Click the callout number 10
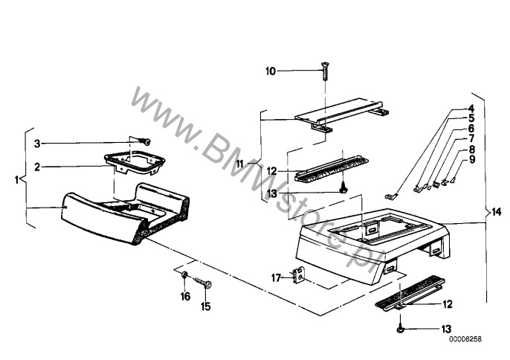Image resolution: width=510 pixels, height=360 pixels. (x=271, y=71)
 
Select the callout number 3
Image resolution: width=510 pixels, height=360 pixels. (x=37, y=144)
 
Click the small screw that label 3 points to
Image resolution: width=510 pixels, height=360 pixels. (x=144, y=141)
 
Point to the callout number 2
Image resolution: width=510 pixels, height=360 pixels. (x=37, y=167)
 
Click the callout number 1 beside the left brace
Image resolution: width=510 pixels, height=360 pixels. (x=16, y=179)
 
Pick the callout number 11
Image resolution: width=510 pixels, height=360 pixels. (x=239, y=164)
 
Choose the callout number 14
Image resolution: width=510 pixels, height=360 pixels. (x=496, y=213)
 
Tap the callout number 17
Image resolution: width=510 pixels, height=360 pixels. (x=276, y=278)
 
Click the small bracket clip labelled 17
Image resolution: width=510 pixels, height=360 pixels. (x=299, y=274)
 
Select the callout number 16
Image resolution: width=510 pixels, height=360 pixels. (x=185, y=297)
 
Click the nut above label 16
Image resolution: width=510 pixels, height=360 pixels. (x=184, y=275)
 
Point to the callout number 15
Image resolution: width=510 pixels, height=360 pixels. (x=205, y=306)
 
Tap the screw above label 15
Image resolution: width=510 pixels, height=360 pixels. (x=203, y=282)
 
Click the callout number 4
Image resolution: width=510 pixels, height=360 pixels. (x=471, y=109)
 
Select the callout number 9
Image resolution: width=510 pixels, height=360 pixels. (x=471, y=159)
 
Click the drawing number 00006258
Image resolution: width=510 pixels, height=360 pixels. (x=465, y=339)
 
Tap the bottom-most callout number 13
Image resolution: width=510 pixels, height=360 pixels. (x=446, y=329)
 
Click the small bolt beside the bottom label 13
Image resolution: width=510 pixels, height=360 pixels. (x=400, y=330)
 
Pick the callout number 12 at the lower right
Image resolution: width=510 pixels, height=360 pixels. (x=448, y=304)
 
